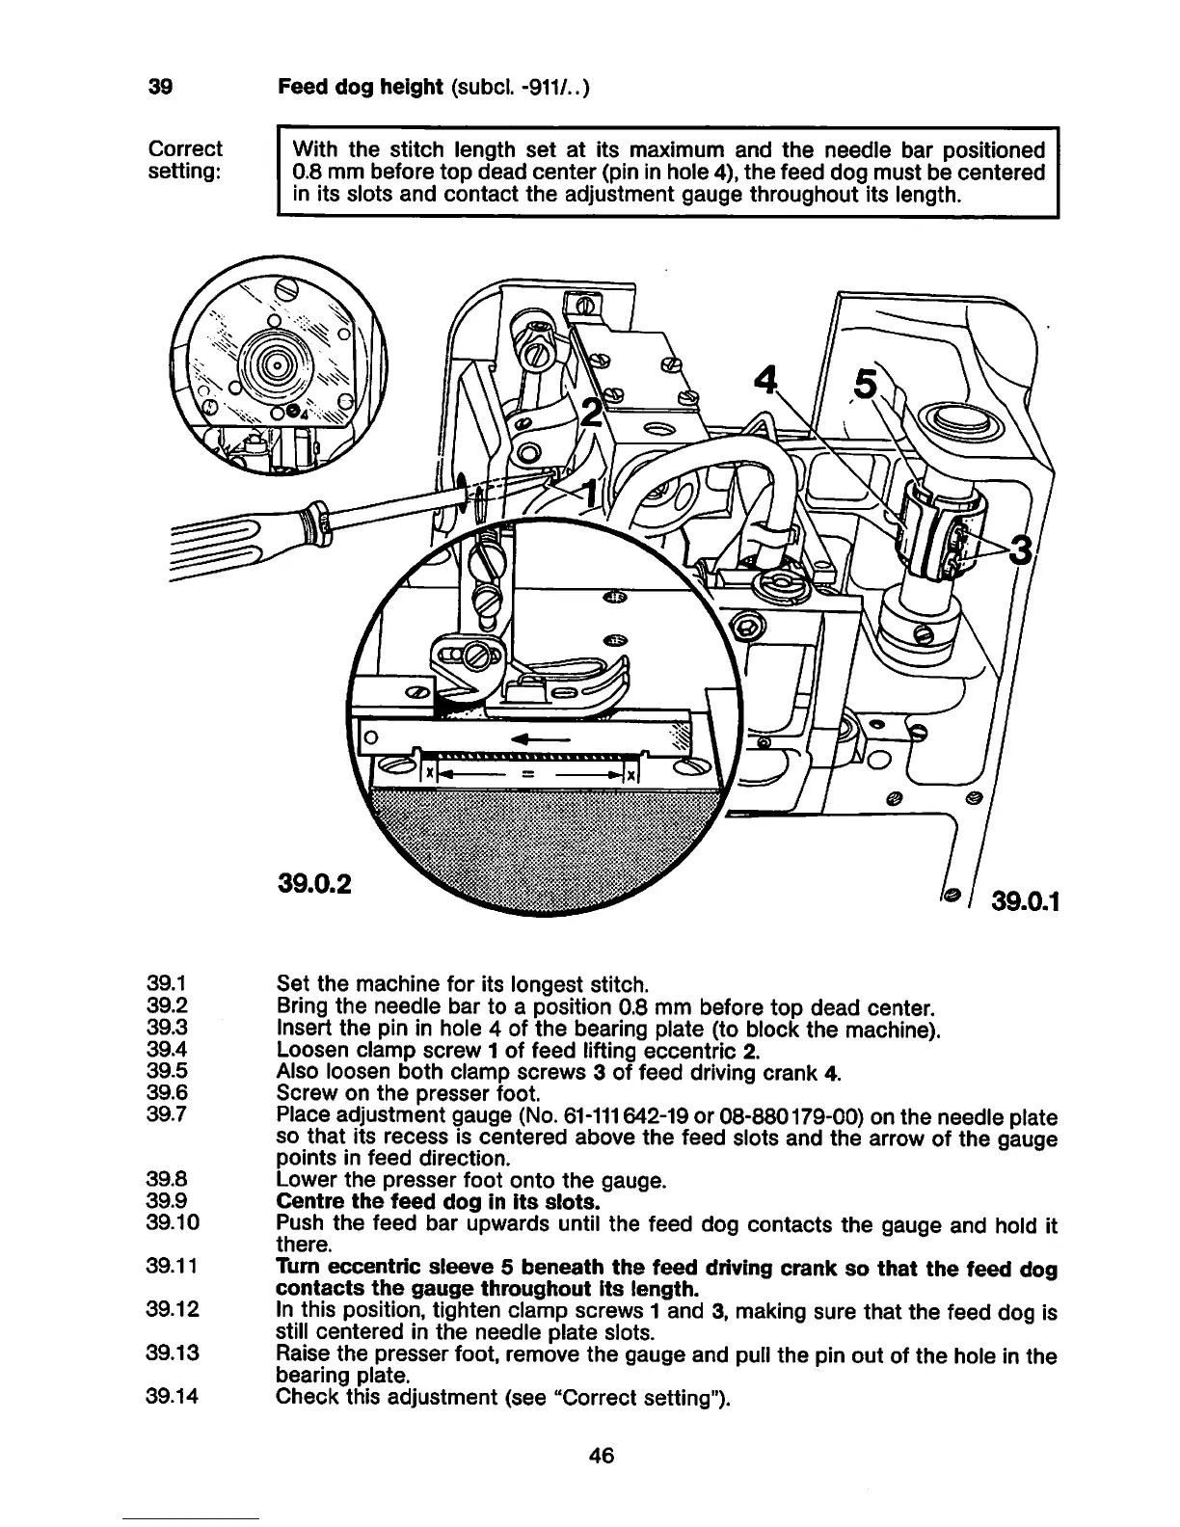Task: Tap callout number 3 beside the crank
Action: [1019, 553]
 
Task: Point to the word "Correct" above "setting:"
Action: [184, 149]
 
